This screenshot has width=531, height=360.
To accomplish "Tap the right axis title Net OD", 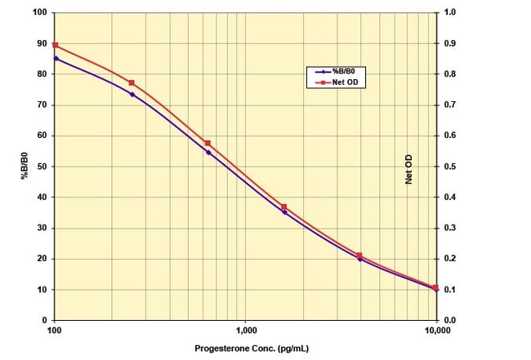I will (408, 170).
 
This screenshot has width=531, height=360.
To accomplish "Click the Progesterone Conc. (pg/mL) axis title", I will (245, 349).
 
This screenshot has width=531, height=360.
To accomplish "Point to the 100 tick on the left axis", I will (39, 12).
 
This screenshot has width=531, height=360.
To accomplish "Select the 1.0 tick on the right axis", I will (450, 12).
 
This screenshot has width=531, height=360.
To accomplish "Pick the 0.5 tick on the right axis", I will (450, 167).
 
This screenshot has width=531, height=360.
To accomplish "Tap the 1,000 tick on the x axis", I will (246, 331).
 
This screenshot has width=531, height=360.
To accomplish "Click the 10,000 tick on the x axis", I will (437, 331).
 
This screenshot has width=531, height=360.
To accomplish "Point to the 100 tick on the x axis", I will (55, 331).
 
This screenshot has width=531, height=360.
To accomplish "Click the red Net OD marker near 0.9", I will (55, 45).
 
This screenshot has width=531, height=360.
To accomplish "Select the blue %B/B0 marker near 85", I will (56, 58).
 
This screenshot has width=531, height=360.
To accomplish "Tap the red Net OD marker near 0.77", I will (131, 82).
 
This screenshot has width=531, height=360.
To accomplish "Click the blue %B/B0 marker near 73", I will (132, 94).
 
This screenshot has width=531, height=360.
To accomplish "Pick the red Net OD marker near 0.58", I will (207, 143).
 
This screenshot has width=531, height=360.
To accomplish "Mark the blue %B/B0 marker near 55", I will (207, 152).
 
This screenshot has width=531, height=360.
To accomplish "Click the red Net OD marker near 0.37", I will (283, 207).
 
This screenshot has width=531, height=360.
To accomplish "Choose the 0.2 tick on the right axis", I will (450, 259).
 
